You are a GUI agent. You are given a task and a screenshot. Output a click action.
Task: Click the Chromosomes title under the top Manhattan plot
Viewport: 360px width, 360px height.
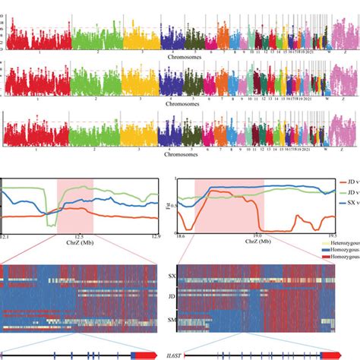[x=179, y=56]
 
